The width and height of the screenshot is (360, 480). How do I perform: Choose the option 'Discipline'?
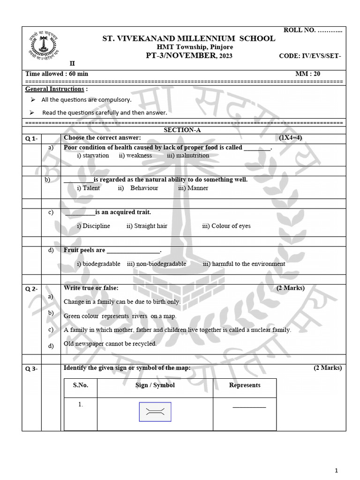93,226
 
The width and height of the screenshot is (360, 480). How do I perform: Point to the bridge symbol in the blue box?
155,412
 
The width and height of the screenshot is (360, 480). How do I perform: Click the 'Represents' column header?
245,385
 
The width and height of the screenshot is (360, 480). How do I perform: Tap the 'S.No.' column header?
81,385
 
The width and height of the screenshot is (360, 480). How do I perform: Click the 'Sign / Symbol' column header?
155,385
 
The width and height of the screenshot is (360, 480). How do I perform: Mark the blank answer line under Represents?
249,407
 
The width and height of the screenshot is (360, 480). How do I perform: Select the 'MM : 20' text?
307,74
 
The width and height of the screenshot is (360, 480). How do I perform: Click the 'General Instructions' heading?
54,89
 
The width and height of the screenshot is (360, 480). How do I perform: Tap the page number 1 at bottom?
336,470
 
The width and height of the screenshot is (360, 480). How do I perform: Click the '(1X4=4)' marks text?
291,138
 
